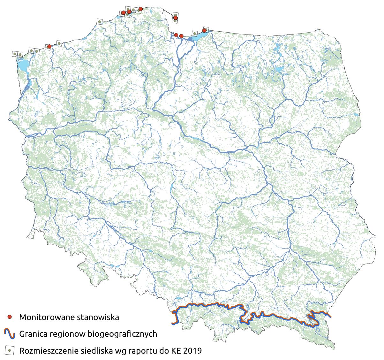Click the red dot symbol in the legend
point(10,317)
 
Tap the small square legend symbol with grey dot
point(10,350)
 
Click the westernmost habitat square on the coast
point(15,54)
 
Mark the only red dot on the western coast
point(49,46)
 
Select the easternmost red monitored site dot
point(204,30)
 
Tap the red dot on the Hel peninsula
point(175,18)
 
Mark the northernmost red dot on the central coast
point(141,9)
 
